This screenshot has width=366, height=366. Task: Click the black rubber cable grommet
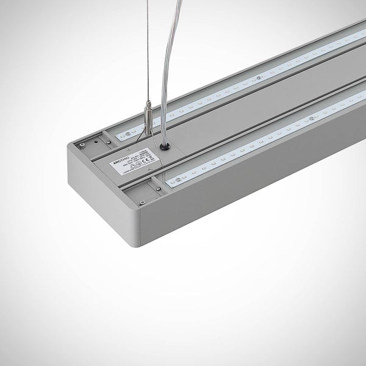(x=165, y=146)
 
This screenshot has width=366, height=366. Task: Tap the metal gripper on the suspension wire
(x=148, y=115)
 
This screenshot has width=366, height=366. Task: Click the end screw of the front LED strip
(x=178, y=181)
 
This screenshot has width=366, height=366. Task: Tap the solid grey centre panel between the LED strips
(x=244, y=122)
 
